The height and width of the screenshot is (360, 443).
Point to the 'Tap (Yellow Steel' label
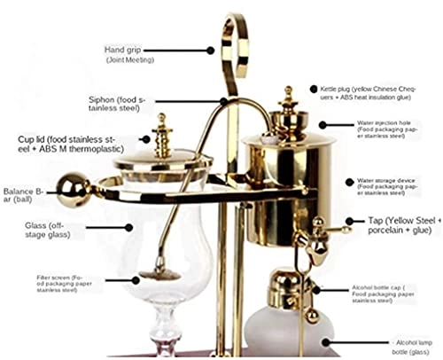[x=402, y=225]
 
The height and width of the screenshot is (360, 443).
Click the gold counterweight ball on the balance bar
[x=69, y=188]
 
